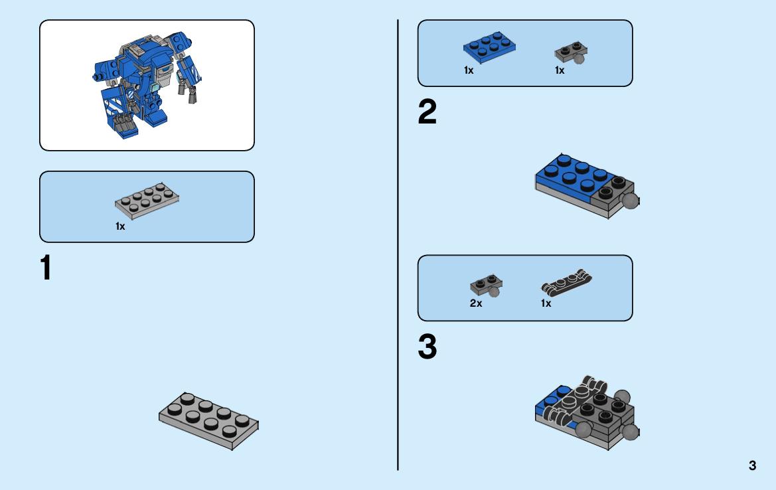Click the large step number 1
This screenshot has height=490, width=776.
(x=46, y=268)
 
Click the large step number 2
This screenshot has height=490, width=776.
(x=427, y=112)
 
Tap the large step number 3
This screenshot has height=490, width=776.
(x=427, y=347)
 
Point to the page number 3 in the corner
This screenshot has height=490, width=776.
(x=752, y=465)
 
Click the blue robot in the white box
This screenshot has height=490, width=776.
(x=147, y=84)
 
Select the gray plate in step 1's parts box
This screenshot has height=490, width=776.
(x=147, y=201)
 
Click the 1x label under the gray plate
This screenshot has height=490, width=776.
(x=120, y=226)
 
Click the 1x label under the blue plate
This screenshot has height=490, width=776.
(x=469, y=70)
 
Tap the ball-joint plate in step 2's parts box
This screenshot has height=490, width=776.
(x=571, y=52)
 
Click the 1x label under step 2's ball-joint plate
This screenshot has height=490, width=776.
(x=560, y=70)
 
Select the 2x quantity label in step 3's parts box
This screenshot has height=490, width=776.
(x=475, y=303)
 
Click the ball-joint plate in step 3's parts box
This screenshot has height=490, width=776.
(x=486, y=285)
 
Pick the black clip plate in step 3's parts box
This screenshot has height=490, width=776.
(x=567, y=282)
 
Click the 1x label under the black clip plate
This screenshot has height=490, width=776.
(x=546, y=303)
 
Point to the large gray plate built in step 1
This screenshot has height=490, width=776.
(x=208, y=421)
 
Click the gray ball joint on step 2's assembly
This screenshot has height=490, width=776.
(x=630, y=201)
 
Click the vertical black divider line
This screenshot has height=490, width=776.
(x=398, y=245)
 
